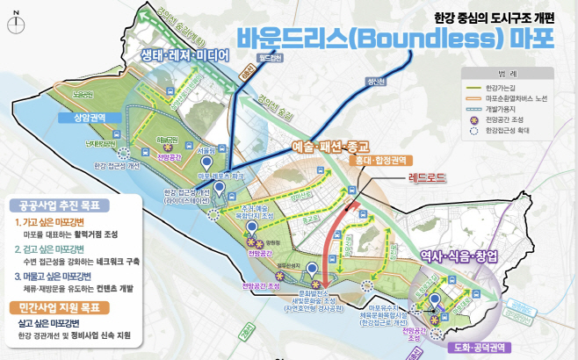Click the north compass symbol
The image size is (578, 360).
16,23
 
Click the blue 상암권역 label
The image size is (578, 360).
79,116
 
